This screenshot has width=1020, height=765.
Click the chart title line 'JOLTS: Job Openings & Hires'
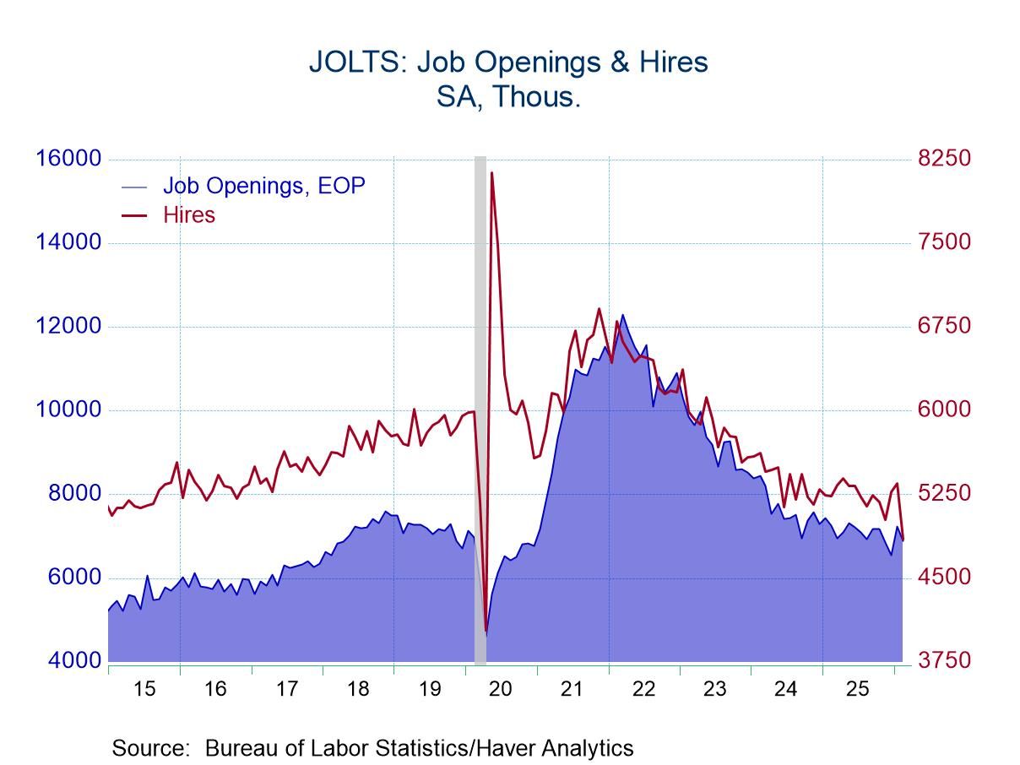pos(508,62)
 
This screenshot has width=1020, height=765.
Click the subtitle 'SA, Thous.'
pos(508,96)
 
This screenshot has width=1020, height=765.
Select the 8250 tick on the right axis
pos(944,159)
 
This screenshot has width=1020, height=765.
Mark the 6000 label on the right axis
pos(944,410)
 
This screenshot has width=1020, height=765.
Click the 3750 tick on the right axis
pos(944,660)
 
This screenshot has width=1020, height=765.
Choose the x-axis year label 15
pos(144,688)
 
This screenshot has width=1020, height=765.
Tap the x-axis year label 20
pos(501,688)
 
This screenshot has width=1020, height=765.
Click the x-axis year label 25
pos(857,688)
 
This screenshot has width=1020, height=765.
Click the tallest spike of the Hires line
pos(491,173)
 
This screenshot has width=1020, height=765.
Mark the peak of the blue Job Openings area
pos(623,315)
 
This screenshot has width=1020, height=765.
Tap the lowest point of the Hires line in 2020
pos(486,630)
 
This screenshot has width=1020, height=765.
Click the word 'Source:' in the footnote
pos(150,748)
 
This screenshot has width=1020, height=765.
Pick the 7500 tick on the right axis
pos(944,242)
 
